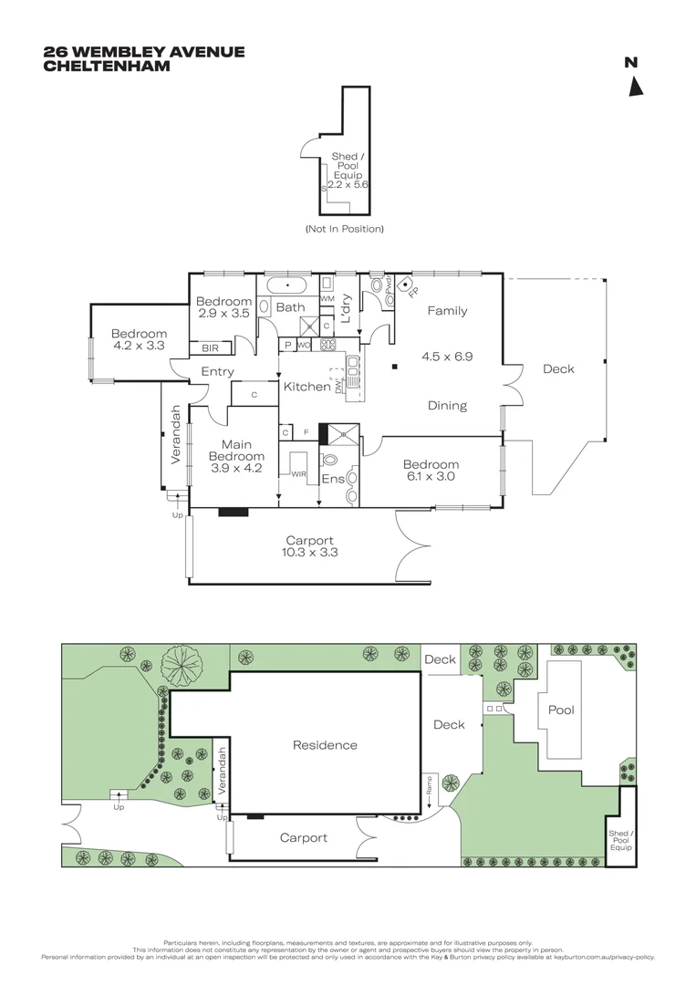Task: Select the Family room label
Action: pyautogui.click(x=447, y=311)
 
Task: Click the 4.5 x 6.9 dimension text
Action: pyautogui.click(x=447, y=356)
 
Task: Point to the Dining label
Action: pyautogui.click(x=447, y=406)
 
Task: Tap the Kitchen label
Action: pyautogui.click(x=306, y=387)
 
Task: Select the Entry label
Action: pyautogui.click(x=217, y=372)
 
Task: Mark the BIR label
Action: pyautogui.click(x=210, y=348)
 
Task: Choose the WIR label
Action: pyautogui.click(x=298, y=474)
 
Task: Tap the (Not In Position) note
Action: pyautogui.click(x=344, y=229)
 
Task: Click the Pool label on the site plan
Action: pyautogui.click(x=560, y=710)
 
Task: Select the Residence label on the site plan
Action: pyautogui.click(x=325, y=745)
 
